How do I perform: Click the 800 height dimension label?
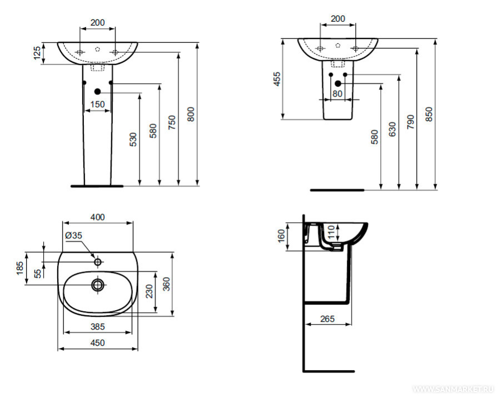click(x=191, y=114)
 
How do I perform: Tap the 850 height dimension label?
click(x=429, y=114)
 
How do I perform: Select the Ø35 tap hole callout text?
click(x=73, y=236)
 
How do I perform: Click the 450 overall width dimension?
click(x=97, y=342)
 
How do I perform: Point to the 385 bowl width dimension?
click(x=97, y=326)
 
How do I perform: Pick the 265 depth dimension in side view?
click(x=327, y=318)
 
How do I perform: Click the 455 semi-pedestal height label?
click(x=277, y=79)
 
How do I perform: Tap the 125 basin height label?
click(x=37, y=53)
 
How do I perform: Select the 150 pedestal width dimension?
click(x=97, y=104)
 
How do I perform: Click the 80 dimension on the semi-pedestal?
click(x=337, y=94)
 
